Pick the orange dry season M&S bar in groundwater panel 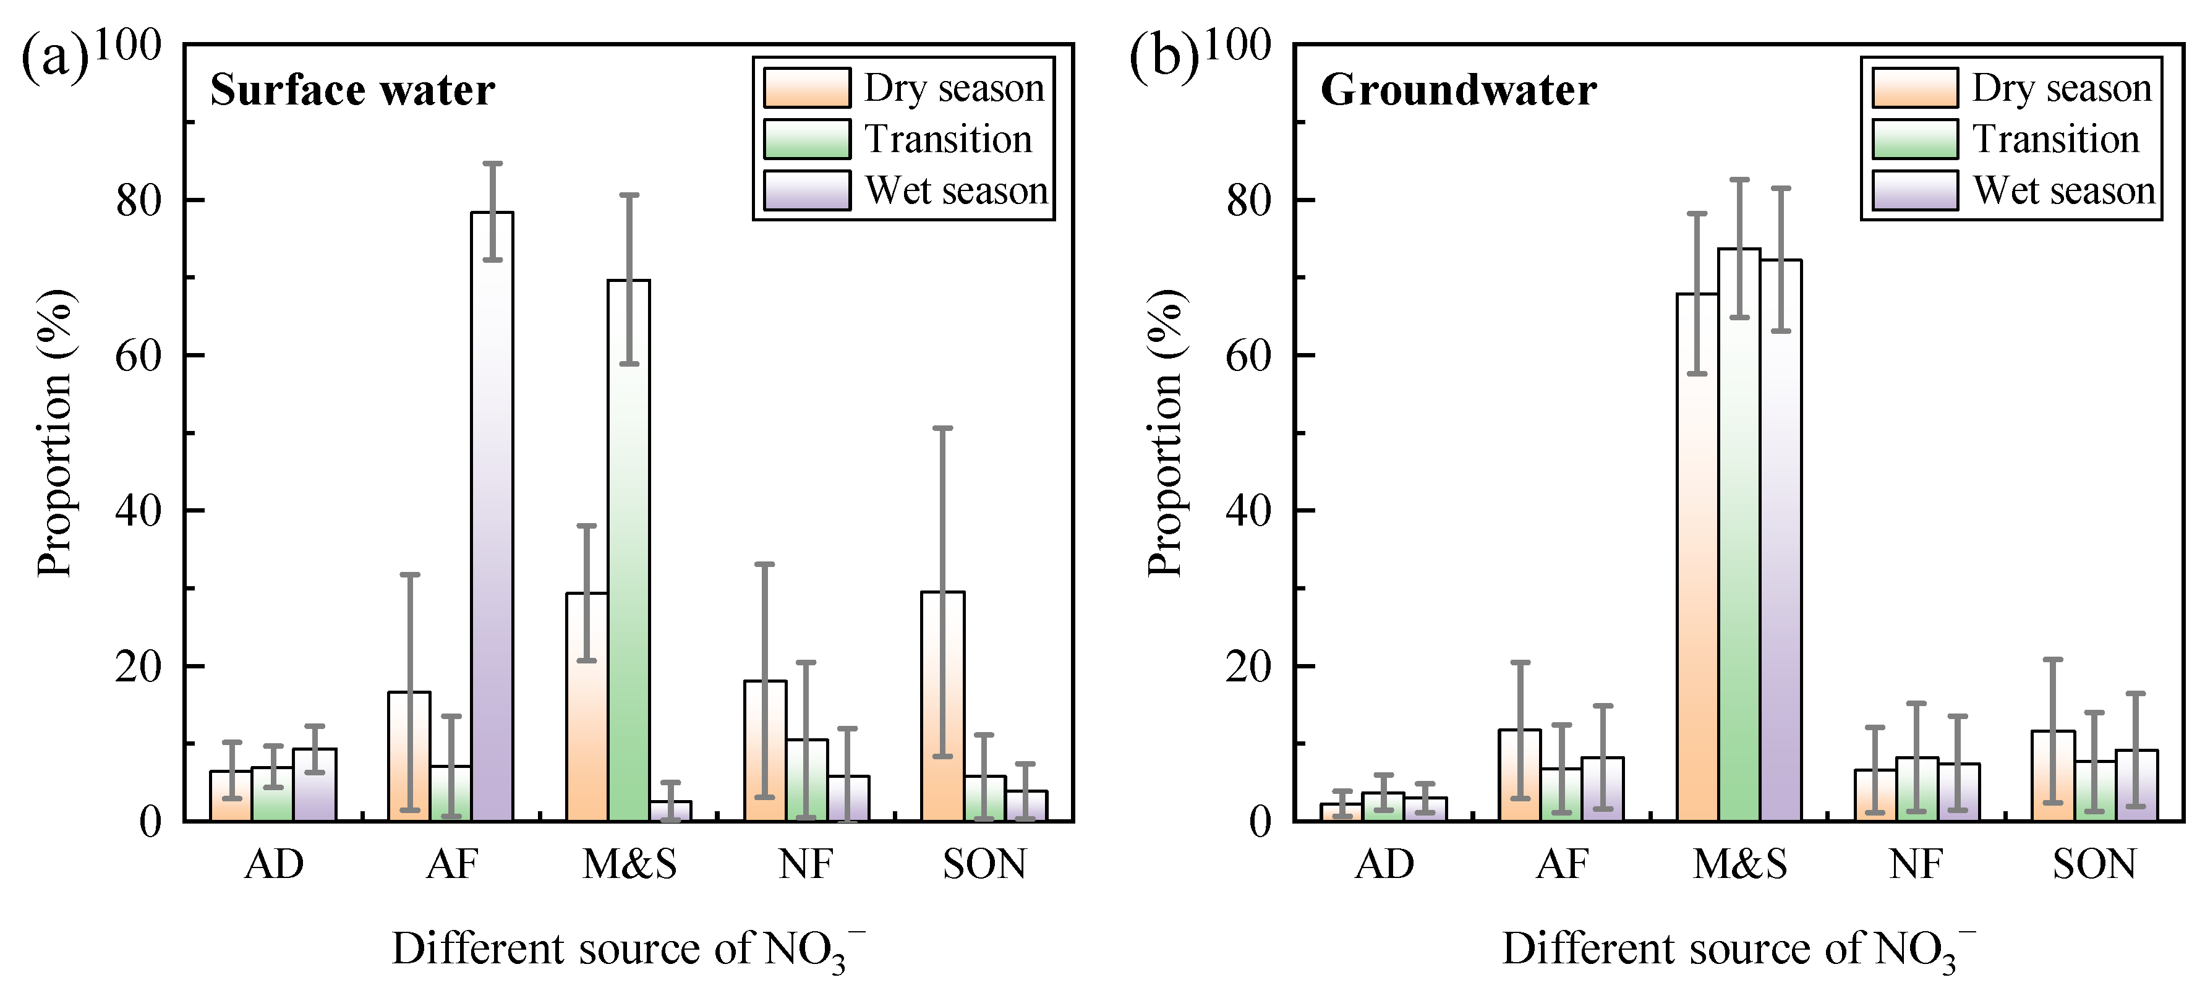click(x=1697, y=557)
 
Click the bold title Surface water click(x=352, y=90)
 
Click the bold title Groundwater click(x=1457, y=90)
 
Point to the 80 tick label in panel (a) click(x=139, y=201)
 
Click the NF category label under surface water click(x=806, y=864)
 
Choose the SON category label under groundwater click(x=2094, y=864)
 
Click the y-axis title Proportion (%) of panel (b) click(x=1166, y=432)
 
